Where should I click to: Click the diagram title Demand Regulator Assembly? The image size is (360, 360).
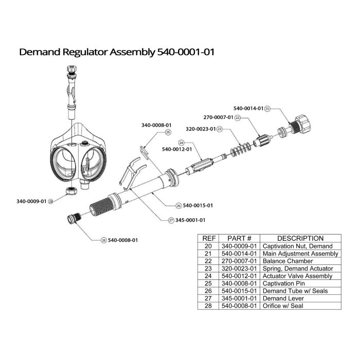click(116, 52)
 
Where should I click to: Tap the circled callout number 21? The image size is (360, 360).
click(268, 109)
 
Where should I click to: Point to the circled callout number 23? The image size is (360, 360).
click(220, 129)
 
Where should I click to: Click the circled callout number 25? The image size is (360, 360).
click(167, 132)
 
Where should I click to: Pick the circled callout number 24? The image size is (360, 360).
click(181, 142)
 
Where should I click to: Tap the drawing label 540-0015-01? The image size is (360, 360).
click(198, 205)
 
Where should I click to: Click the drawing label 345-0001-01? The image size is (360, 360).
click(190, 220)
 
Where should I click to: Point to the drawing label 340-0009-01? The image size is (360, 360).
click(31, 201)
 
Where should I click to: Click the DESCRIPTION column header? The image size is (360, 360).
click(300, 238)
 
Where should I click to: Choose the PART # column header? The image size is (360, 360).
click(239, 238)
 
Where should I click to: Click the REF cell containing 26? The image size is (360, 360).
click(209, 291)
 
